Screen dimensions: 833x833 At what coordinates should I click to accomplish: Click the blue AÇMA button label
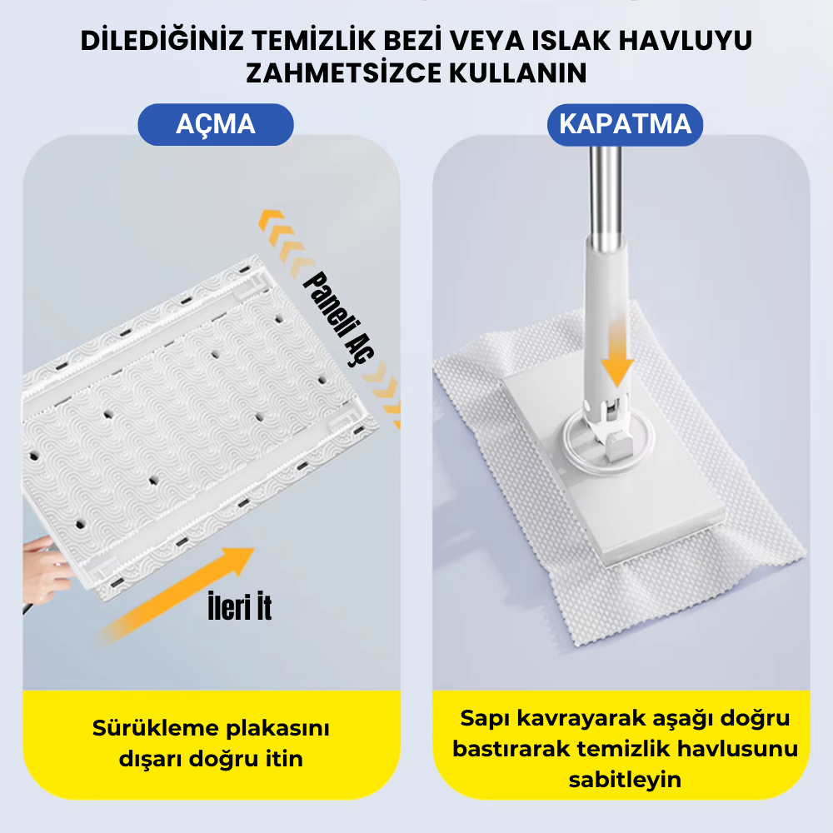click(216, 124)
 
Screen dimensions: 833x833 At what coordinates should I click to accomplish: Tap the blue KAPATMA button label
click(626, 124)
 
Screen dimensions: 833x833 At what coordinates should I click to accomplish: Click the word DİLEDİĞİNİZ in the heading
click(162, 40)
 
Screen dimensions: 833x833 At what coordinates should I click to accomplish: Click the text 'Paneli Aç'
click(339, 318)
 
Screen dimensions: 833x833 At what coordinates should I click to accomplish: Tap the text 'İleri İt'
click(240, 606)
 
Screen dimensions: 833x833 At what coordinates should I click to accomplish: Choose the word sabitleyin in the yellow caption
click(625, 780)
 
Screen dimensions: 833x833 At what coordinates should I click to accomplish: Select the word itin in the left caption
click(284, 759)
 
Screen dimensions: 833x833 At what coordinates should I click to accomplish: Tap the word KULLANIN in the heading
click(518, 73)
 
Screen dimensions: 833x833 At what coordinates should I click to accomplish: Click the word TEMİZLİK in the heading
click(313, 41)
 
